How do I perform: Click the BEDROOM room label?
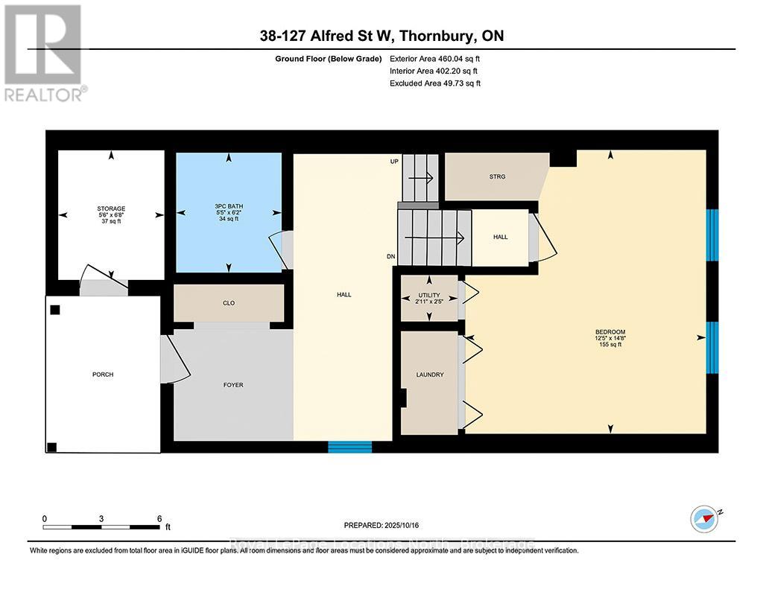[x=610, y=332]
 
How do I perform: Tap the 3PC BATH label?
[x=228, y=206]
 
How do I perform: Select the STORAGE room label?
[x=110, y=208]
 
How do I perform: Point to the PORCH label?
[x=103, y=375]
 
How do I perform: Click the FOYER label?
[x=232, y=385]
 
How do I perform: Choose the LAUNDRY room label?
[x=430, y=375]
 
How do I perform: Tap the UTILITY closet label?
[x=430, y=296]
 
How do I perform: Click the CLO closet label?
[x=229, y=303]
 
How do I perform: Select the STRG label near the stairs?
[x=497, y=176]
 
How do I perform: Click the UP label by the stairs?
[x=394, y=162]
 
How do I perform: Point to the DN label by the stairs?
[x=390, y=257]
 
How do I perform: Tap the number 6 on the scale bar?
[x=159, y=518]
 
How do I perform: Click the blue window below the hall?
[x=350, y=447]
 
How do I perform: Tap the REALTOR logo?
[x=44, y=52]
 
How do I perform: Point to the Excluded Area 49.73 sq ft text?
[x=435, y=83]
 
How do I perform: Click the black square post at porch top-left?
[x=54, y=310]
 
